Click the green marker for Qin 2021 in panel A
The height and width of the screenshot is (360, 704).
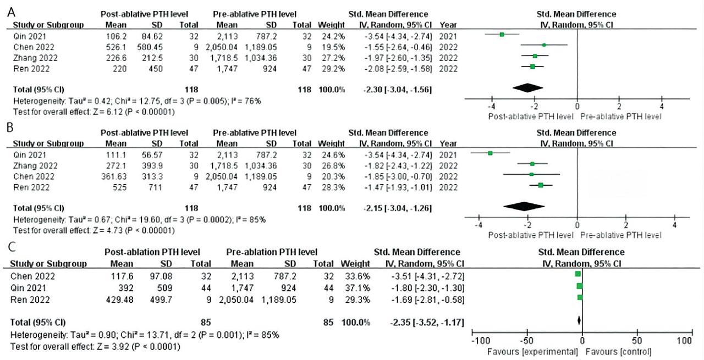point(502,34)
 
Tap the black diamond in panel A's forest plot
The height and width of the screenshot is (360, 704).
point(527,88)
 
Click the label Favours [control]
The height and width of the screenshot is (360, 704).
point(619,352)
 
